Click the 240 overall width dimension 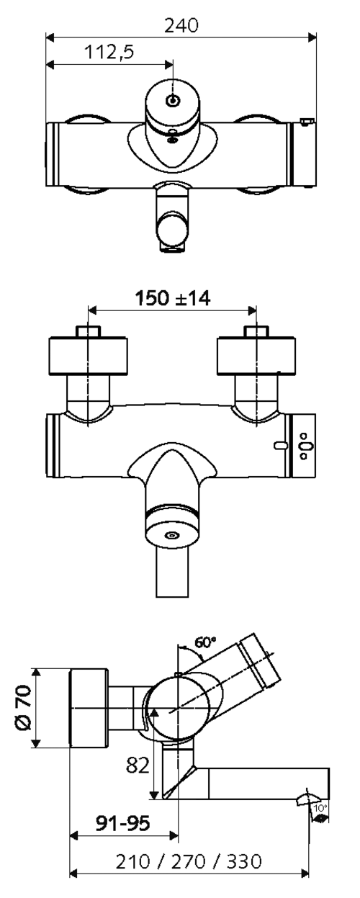pos(181,26)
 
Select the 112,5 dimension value pos(109,52)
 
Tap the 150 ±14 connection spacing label pos(172,298)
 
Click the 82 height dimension pos(138,765)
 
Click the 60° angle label pos(205,642)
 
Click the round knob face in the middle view pos(172,536)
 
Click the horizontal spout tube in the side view pos(269,783)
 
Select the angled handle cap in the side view pos(259,661)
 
